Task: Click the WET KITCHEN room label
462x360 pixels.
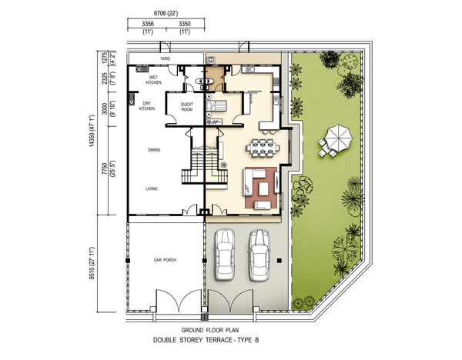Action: pyautogui.click(x=153, y=80)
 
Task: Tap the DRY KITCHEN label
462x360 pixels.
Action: pyautogui.click(x=147, y=106)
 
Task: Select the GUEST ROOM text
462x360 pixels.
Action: pyautogui.click(x=187, y=107)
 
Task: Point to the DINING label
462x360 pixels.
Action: pyautogui.click(x=154, y=150)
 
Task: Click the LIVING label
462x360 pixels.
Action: pyautogui.click(x=152, y=188)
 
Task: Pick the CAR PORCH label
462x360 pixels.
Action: pyautogui.click(x=165, y=260)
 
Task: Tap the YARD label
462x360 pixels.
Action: pyautogui.click(x=165, y=58)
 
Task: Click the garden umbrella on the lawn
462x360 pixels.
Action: pyautogui.click(x=339, y=137)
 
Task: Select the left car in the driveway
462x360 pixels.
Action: pyautogui.click(x=225, y=255)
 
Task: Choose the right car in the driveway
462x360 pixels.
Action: pyautogui.click(x=259, y=255)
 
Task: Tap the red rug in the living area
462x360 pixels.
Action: pyautogui.click(x=261, y=188)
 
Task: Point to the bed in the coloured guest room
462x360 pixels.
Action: pyautogui.click(x=216, y=105)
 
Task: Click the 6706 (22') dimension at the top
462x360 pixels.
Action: pyautogui.click(x=166, y=13)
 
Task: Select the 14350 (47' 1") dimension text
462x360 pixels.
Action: pyautogui.click(x=92, y=131)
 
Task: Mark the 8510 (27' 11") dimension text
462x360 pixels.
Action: pyautogui.click(x=92, y=263)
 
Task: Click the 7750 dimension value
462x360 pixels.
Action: pyautogui.click(x=105, y=169)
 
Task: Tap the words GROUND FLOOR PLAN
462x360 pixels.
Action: pyautogui.click(x=210, y=330)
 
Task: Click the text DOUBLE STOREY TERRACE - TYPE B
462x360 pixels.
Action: pyautogui.click(x=206, y=340)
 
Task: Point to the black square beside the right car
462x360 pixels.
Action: pyautogui.click(x=280, y=261)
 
